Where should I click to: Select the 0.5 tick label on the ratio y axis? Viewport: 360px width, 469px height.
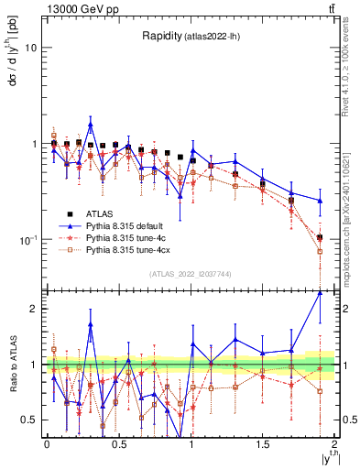[28, 420]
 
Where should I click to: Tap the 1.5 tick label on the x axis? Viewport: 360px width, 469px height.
[262, 444]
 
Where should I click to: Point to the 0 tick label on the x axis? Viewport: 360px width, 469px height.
[47, 444]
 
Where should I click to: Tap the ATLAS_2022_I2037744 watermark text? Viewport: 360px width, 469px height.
[191, 274]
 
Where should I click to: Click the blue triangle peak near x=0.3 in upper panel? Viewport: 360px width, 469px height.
[91, 124]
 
